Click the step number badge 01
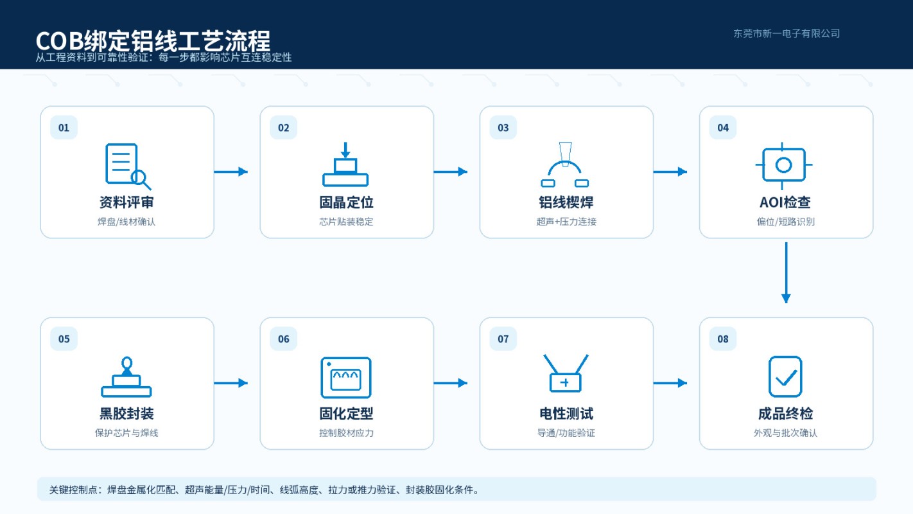tap(64, 128)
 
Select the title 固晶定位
tap(346, 202)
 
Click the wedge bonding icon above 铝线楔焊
tap(565, 164)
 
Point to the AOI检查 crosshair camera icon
tap(783, 165)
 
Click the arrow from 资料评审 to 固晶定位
tap(230, 172)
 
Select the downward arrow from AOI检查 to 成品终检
tap(786, 272)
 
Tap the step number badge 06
tap(283, 339)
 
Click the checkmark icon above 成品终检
tap(785, 377)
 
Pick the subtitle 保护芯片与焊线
tap(126, 433)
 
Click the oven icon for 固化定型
tap(345, 377)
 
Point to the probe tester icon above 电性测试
tap(566, 373)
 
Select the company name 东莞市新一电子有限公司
tap(787, 33)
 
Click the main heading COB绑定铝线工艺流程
tap(153, 40)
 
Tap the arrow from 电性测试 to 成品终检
tap(670, 383)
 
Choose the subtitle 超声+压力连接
tap(566, 222)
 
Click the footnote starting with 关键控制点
tap(264, 490)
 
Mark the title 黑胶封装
tap(126, 414)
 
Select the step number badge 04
tap(723, 128)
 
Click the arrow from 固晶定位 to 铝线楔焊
tap(450, 172)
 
